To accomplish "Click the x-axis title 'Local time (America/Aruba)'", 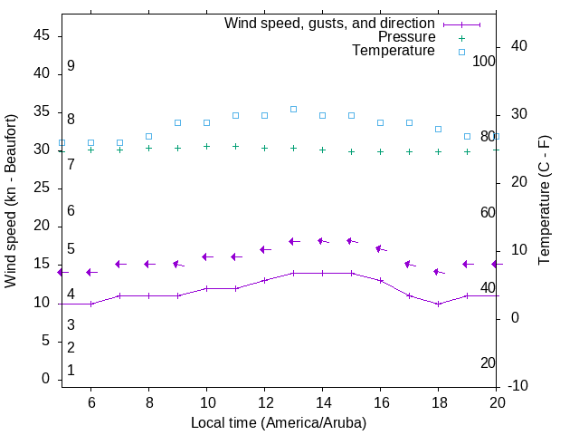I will (279, 422).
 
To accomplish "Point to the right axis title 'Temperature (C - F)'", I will (544, 201).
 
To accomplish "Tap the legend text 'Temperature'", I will (394, 51).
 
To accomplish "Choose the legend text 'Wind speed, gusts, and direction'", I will (329, 23).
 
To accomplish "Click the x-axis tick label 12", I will (264, 402).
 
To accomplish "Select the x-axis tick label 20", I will (497, 402).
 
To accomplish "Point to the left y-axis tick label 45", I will (42, 35).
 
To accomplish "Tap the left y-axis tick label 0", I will (46, 380).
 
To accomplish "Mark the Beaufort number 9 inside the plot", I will (71, 66).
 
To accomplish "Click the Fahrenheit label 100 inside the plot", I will (484, 61).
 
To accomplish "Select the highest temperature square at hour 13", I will (293, 109).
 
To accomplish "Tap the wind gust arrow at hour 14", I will (322, 241).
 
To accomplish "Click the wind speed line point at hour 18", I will (439, 304).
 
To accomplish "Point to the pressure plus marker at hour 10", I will (206, 146).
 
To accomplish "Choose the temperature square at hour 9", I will (177, 122).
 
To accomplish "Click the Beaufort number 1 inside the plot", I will (71, 371).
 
